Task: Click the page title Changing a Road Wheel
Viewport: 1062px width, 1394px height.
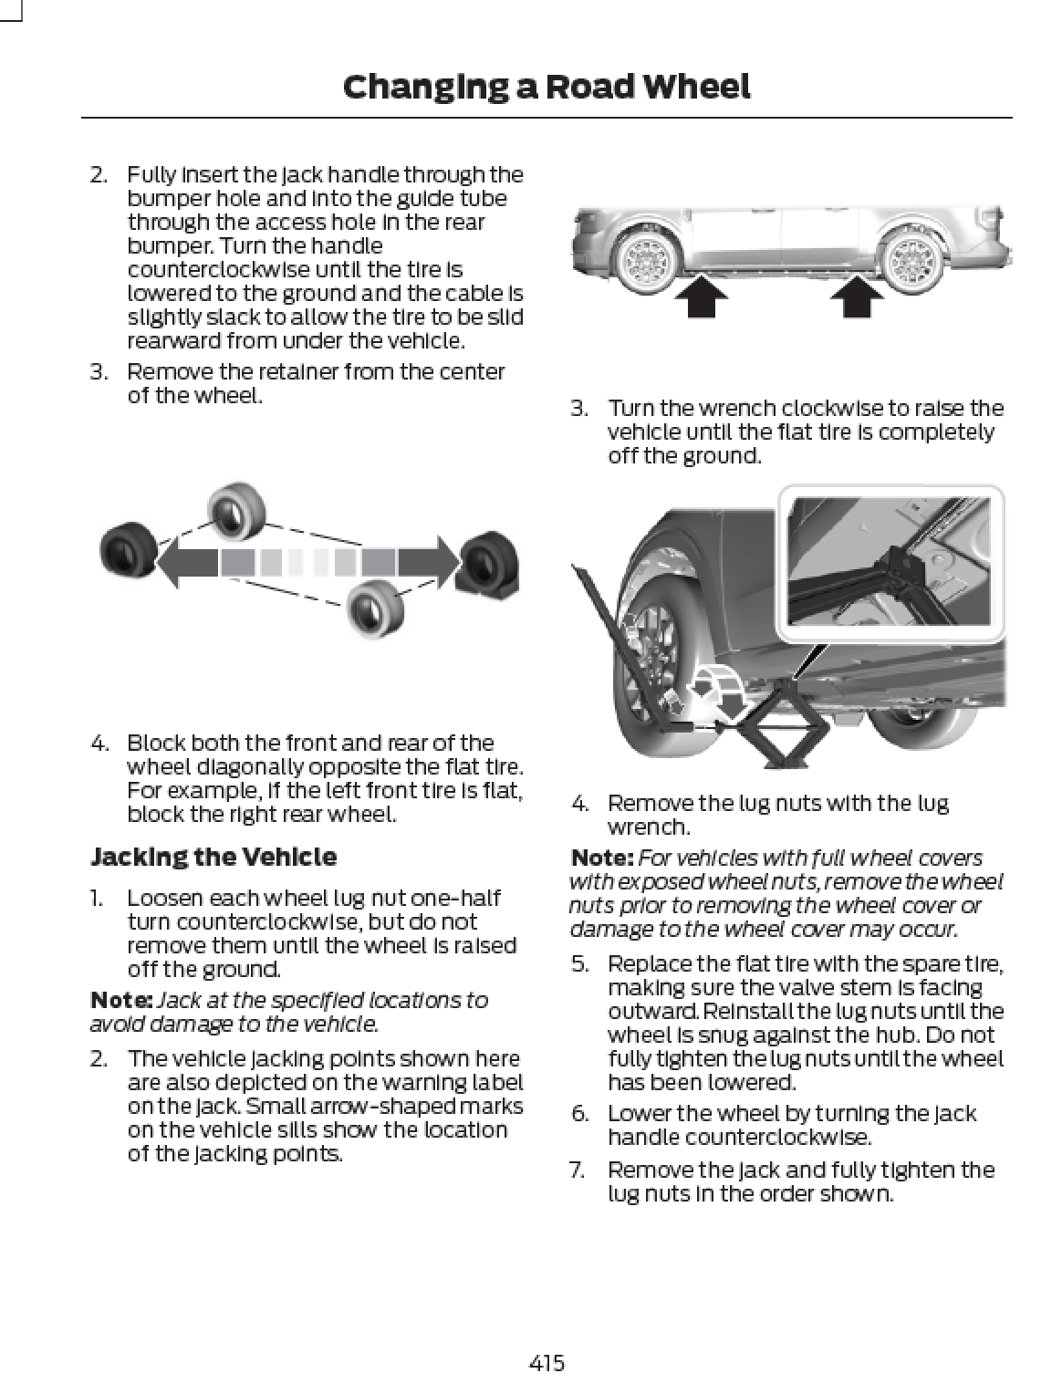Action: [546, 87]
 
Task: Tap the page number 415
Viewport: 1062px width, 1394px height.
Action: [547, 1363]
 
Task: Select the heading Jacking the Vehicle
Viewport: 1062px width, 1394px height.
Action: [213, 857]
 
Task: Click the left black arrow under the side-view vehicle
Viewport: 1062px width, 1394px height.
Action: [702, 296]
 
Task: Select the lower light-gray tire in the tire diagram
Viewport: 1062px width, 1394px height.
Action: [374, 607]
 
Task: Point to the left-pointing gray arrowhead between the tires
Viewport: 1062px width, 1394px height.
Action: [182, 562]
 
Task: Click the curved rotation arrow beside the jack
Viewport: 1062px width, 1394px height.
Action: [717, 690]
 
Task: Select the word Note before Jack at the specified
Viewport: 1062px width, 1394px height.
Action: [120, 1001]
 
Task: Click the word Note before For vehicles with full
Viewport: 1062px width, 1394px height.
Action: [601, 858]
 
